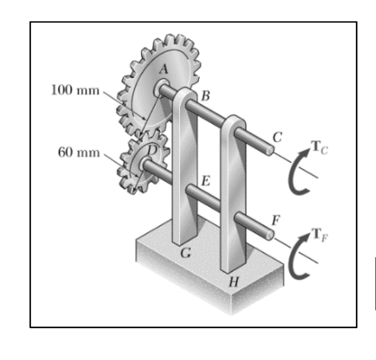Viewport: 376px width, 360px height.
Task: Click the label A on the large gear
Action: click(x=163, y=70)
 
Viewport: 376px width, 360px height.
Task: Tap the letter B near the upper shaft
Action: click(x=205, y=95)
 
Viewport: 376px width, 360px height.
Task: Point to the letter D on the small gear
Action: click(x=150, y=150)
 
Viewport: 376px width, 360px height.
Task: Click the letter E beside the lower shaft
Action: click(x=205, y=181)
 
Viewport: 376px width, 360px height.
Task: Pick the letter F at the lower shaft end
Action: click(x=274, y=219)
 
